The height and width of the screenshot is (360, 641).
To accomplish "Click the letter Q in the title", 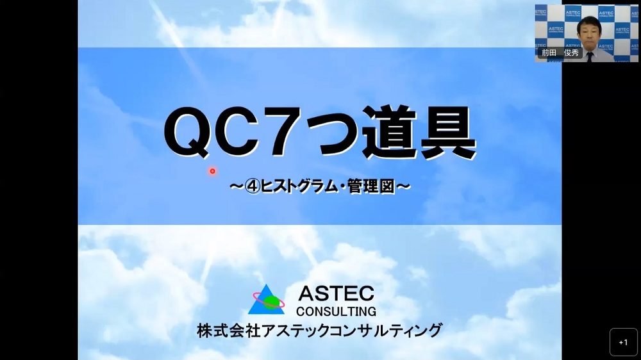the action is (x=186, y=132).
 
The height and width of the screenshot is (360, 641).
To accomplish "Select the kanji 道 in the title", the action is (x=388, y=131).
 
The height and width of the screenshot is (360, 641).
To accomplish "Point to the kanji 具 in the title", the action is (x=447, y=131).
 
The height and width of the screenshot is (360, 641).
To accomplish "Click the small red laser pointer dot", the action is (x=212, y=171).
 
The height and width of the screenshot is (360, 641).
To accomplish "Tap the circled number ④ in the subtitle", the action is (x=253, y=187).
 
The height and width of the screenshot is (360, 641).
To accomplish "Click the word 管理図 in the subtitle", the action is (x=371, y=187).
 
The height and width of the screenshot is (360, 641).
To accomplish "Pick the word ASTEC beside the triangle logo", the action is (x=336, y=293).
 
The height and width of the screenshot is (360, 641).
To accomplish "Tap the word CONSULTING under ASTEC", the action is (x=336, y=311).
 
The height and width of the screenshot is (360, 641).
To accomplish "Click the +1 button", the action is (x=624, y=343).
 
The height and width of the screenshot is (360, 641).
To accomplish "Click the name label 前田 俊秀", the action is (x=560, y=53).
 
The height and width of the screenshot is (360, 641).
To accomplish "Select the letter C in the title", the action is (x=234, y=131).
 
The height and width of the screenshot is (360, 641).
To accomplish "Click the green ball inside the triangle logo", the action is (x=271, y=302).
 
